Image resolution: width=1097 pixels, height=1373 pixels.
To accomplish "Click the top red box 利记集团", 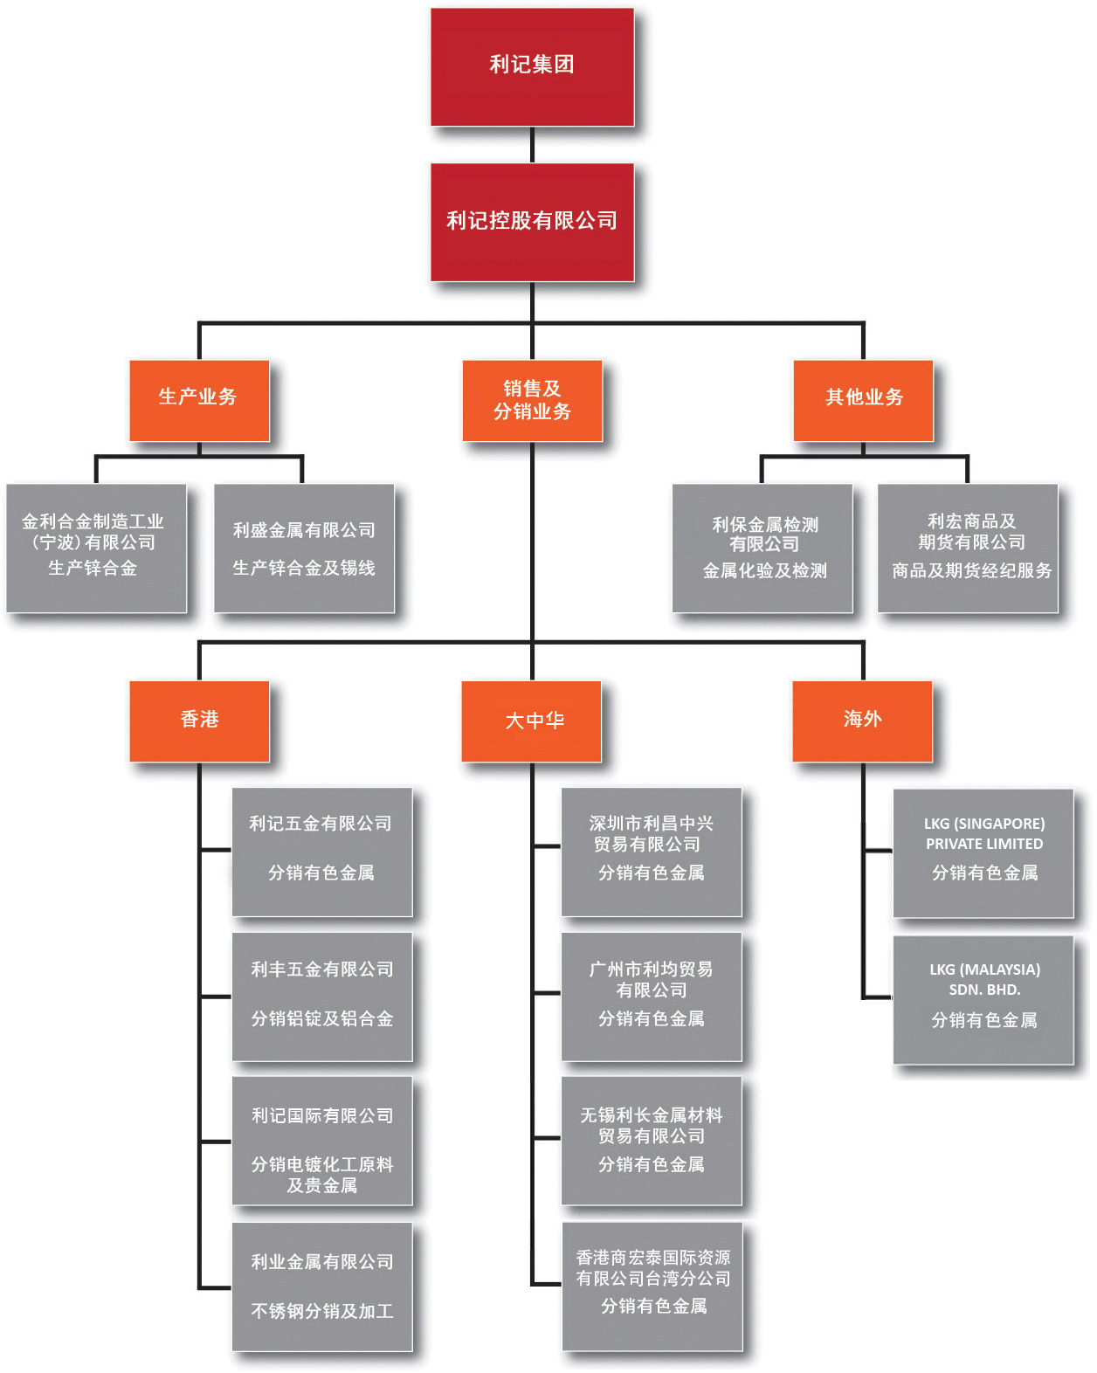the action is tap(532, 67).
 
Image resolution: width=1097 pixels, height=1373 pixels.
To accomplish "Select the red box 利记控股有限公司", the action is tap(532, 222).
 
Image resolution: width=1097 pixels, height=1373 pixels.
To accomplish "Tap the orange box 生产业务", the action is tap(199, 401).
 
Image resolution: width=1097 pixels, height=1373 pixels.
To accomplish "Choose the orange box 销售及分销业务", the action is tap(532, 401).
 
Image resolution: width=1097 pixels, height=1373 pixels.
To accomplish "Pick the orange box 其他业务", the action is tap(863, 401).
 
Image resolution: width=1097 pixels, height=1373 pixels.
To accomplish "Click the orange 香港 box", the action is tap(199, 721).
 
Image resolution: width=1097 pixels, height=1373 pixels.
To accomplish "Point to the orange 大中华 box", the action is tap(531, 721).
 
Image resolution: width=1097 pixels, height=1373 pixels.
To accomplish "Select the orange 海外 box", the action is tap(862, 721).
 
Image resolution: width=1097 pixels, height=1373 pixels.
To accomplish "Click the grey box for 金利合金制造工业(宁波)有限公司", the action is tap(96, 548).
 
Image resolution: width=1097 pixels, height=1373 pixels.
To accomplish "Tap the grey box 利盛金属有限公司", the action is tap(304, 548).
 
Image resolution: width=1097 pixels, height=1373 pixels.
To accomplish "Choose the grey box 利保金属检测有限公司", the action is tap(762, 548).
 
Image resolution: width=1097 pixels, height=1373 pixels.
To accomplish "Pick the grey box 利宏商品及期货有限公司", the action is tap(968, 548).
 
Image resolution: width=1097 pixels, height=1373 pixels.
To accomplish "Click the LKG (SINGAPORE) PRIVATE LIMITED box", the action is tap(983, 853).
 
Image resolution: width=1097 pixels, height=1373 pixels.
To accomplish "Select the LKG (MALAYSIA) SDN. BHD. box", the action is tap(983, 1000).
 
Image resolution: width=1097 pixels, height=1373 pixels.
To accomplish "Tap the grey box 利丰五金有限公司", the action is tap(321, 997).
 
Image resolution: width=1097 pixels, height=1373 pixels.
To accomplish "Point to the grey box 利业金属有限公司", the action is tap(321, 1287).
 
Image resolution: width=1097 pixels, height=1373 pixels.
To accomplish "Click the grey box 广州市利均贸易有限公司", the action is tap(651, 997).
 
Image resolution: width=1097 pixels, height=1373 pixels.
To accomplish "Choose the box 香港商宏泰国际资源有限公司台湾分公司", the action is tap(652, 1287).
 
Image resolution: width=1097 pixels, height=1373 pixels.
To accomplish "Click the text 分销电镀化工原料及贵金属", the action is tap(321, 1175).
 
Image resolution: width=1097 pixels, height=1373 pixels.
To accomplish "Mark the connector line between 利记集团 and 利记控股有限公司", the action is tap(532, 145).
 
